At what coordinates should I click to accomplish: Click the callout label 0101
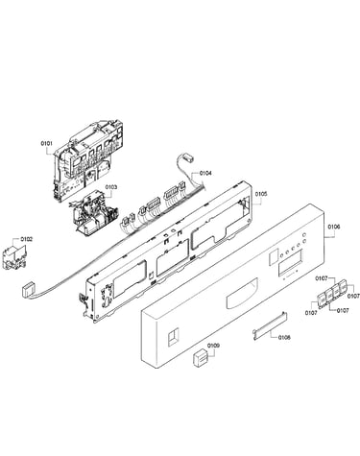(46, 144)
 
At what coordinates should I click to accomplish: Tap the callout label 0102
(27, 239)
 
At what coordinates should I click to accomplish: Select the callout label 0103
(111, 187)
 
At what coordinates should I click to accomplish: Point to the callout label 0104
(205, 173)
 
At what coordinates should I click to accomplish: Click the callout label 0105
(261, 194)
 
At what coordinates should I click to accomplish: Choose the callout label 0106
(334, 227)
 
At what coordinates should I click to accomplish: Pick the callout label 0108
(284, 337)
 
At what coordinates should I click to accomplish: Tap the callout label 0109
(213, 346)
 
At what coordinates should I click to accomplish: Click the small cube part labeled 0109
(201, 358)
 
